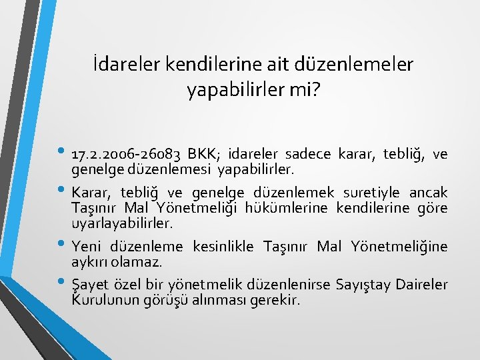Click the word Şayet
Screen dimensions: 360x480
[87, 285]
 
